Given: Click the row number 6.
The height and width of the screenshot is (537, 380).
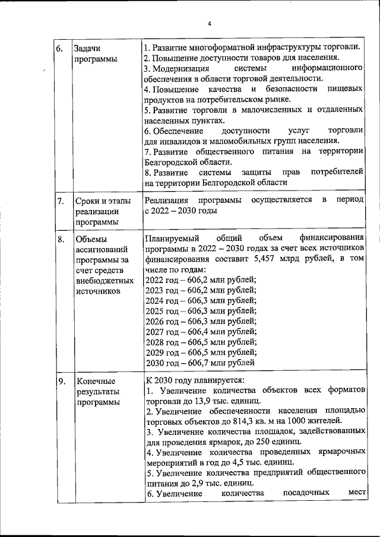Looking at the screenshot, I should coord(60,48).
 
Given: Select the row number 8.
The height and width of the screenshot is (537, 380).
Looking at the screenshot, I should coord(60,240).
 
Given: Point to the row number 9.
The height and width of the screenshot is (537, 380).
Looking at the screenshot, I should coord(60,380).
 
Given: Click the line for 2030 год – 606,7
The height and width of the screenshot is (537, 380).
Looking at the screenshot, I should coord(200,363).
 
